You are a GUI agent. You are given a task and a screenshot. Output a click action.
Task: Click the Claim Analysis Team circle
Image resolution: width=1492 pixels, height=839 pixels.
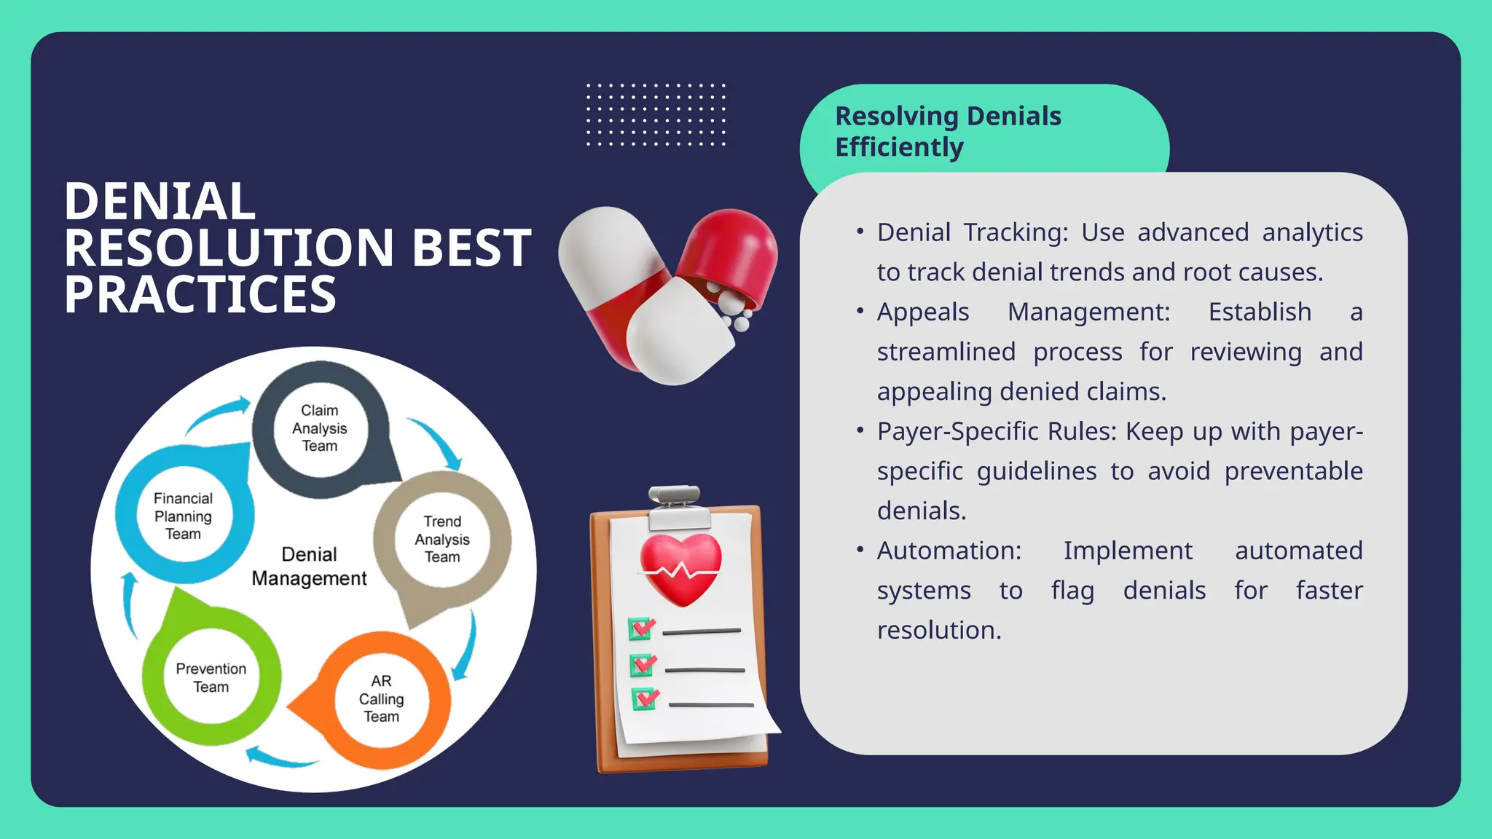tap(320, 429)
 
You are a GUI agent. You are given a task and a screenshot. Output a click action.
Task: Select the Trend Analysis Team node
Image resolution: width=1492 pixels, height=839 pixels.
tap(442, 540)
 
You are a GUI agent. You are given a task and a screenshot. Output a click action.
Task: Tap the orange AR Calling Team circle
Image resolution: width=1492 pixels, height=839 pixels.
tap(381, 699)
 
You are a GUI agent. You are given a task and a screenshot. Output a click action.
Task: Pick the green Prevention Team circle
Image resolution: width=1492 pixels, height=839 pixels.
tap(211, 677)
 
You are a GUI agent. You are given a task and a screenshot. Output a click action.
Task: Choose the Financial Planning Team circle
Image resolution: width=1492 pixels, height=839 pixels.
tap(183, 516)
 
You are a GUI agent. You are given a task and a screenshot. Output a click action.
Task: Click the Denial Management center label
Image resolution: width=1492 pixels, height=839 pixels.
tap(309, 567)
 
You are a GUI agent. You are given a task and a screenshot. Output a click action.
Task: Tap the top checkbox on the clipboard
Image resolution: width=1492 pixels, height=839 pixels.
tap(641, 629)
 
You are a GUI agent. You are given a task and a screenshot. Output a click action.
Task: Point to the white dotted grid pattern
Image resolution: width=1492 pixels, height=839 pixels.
tap(656, 115)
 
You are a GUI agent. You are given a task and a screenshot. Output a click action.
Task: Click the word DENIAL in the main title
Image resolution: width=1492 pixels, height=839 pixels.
tap(160, 202)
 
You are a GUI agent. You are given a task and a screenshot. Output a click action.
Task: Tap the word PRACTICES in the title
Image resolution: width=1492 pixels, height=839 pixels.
tap(200, 295)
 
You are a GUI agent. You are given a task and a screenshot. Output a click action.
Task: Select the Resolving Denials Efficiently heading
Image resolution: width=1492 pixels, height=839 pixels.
tap(947, 131)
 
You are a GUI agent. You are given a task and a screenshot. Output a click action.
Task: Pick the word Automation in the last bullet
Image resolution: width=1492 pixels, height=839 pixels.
tap(949, 551)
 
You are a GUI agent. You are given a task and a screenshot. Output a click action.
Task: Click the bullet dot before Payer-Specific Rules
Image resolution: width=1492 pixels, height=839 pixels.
tap(860, 431)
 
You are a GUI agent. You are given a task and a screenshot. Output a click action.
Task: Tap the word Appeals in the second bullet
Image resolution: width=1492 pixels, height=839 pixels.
tap(922, 312)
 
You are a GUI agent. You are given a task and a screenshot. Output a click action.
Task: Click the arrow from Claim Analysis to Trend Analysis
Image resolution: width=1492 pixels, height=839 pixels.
tap(438, 441)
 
